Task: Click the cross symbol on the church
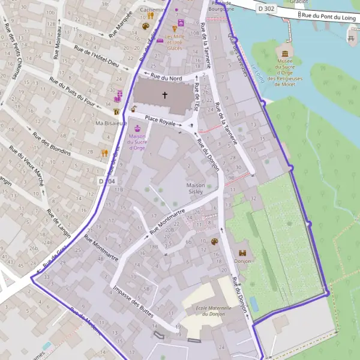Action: [x=165, y=95]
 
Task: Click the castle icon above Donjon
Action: [x=243, y=253]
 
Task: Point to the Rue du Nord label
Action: [x=166, y=77]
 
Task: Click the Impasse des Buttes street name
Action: [x=133, y=301]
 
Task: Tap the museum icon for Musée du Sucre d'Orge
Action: [x=284, y=55]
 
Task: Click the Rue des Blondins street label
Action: [x=52, y=144]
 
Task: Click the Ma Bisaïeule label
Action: [x=110, y=123]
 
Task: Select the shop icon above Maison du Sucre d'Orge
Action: [x=138, y=128]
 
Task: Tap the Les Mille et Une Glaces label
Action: [x=175, y=41]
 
